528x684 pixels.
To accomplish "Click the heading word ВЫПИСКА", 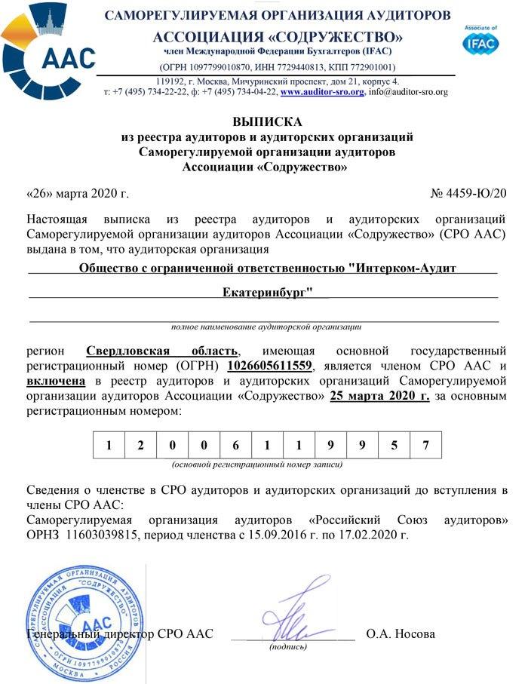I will click(x=266, y=121).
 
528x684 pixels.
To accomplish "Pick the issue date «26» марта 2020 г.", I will click(x=77, y=193).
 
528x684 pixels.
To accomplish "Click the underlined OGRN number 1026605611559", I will click(x=269, y=366).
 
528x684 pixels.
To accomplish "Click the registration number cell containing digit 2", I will click(x=140, y=444).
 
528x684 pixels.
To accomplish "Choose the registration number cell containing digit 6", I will click(x=236, y=444).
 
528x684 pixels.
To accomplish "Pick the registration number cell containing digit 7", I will click(x=426, y=444).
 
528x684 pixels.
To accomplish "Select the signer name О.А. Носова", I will click(x=401, y=633).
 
